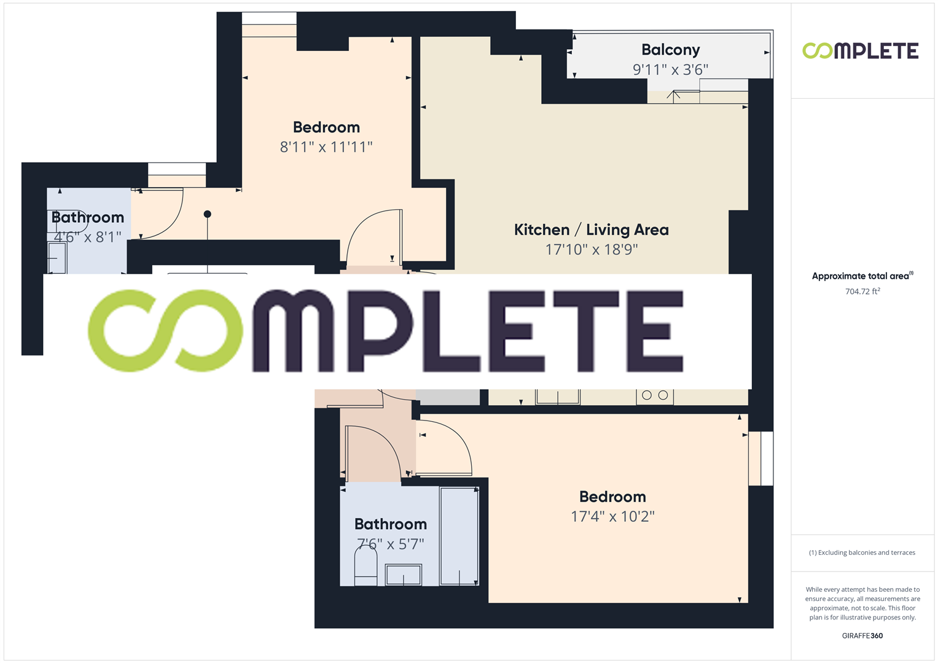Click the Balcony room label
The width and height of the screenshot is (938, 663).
670,50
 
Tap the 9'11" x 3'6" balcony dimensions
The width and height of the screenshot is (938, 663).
670,69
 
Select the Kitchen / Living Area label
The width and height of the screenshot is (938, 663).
591,230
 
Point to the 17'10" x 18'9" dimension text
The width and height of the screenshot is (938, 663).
592,249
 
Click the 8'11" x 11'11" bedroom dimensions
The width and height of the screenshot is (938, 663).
326,147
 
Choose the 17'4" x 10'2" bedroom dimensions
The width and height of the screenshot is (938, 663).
612,516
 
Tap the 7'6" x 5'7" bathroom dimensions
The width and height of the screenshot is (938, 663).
390,543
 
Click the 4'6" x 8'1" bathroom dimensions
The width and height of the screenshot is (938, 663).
88,236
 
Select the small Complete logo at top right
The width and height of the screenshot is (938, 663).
860,51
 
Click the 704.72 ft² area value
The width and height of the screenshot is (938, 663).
862,292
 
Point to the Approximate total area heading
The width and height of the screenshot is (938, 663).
862,276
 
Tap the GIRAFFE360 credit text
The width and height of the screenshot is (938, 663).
862,636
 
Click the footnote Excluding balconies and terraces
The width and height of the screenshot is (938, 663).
862,552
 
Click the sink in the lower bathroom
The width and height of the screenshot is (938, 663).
403,575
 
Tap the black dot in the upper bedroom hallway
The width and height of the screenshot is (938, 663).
208,214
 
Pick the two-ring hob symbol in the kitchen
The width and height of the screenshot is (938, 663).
655,396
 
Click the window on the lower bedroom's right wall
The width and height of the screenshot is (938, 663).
760,458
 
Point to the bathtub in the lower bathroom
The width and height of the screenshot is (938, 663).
459,535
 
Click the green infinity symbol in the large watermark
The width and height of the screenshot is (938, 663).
165,331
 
